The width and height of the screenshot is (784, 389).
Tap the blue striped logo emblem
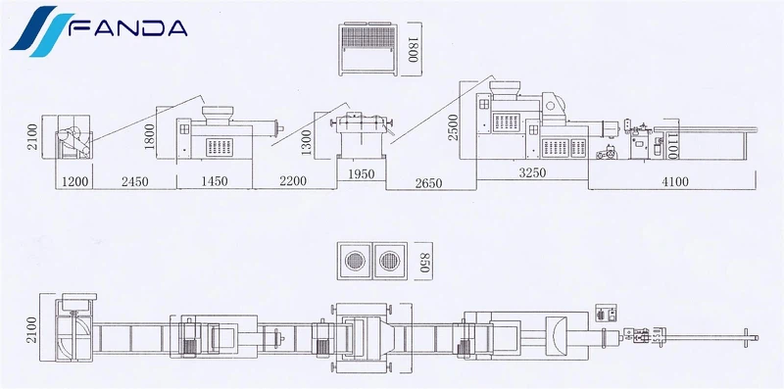click(38, 29)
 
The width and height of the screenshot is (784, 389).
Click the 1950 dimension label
click(361, 174)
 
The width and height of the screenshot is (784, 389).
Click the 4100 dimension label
click(674, 181)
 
